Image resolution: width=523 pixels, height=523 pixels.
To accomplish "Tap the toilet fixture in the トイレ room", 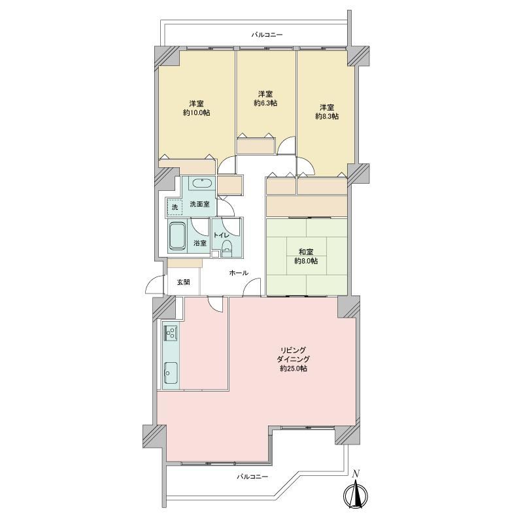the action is pos(227,248).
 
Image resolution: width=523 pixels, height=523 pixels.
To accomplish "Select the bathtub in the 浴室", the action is pos(177,236).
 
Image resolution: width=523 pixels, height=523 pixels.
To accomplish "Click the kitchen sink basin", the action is pos(171,373).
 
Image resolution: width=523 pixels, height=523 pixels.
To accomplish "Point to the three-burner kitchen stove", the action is pos(171,333).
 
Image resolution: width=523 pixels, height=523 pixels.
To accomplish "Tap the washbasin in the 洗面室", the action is pos(201,184).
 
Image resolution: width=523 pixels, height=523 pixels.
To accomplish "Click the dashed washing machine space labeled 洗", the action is pos(175,207).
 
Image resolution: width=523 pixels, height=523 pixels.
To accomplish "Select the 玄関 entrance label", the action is pos(183,282).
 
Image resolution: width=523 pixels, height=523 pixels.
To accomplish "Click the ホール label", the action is pos(239,273).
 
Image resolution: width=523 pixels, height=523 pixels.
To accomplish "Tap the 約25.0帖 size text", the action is pos(294,369).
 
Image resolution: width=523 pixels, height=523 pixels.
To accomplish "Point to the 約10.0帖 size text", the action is pos(197,112).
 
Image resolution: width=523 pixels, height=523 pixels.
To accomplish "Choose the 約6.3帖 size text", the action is pos(265,103).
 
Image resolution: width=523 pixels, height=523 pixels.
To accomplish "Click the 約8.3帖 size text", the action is pos(328,116).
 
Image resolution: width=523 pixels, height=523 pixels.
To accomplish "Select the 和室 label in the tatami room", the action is pos(306,252).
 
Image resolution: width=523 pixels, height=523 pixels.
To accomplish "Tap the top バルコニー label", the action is pos(267,35).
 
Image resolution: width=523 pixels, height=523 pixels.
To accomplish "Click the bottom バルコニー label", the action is pos(252,477).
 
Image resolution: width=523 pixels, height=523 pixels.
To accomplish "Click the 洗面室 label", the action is pos(199,204).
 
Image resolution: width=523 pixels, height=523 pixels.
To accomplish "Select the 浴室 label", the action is pos(200,243).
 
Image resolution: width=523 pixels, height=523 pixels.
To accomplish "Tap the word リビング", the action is pos(293,350).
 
